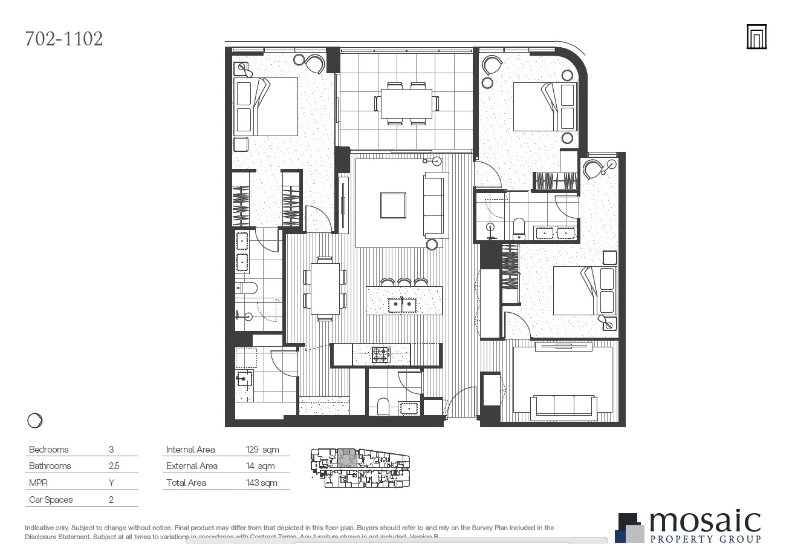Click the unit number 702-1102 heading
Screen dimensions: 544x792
coord(64,39)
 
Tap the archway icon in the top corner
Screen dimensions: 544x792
coord(756,37)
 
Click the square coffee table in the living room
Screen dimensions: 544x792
coord(393,205)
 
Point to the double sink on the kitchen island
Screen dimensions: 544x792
coord(403,304)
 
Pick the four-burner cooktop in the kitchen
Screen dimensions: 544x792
coord(380,355)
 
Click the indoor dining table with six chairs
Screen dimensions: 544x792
coord(325,289)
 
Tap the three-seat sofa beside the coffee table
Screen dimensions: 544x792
coord(435,205)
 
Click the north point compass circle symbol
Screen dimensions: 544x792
coord(35,421)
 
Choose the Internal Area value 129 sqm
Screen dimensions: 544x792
coord(261,450)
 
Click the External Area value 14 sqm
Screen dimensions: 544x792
coord(261,466)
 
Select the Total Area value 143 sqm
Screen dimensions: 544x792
coord(262,483)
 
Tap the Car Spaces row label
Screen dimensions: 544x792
coord(51,500)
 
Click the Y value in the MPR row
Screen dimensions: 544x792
coord(112,483)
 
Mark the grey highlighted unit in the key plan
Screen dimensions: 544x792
coord(346,457)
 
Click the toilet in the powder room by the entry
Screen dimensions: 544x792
coord(383,405)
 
